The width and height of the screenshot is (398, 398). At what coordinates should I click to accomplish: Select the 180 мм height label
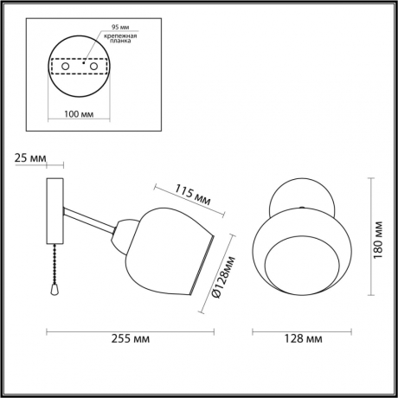377,234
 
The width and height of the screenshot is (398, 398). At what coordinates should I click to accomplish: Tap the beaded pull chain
55,264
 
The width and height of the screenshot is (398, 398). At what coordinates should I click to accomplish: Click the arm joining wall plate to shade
89,220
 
